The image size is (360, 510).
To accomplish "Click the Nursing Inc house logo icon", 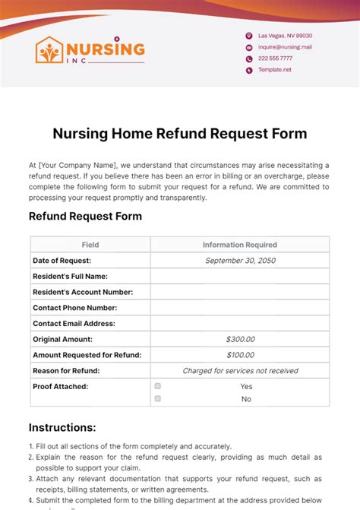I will tap(49, 50).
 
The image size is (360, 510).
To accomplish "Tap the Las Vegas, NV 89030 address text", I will tap(285, 36).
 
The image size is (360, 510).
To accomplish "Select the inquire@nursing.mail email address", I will tap(285, 47).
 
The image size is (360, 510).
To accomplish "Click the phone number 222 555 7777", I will tap(275, 59).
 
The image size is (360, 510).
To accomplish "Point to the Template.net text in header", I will tap(274, 70).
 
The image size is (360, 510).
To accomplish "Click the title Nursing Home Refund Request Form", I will tap(180, 134).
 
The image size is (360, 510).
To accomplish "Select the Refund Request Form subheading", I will tap(85, 216).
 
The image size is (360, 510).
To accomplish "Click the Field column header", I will tap(90, 245).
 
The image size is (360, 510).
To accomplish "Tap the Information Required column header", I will tap(240, 245).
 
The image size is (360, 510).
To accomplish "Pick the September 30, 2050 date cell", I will tap(240, 261).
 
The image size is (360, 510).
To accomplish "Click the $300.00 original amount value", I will tap(240, 339).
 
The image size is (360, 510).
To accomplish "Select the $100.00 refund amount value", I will tap(240, 355).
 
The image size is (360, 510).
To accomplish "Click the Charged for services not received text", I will tap(240, 371).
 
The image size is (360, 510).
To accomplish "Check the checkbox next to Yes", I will tap(158, 386).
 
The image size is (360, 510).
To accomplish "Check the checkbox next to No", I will tap(158, 398).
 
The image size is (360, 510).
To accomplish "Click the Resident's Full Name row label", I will tap(70, 276).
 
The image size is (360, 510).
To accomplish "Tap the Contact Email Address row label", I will tap(74, 324).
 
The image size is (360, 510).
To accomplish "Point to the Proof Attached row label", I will tap(60, 386).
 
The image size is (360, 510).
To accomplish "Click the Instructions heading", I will tap(62, 428).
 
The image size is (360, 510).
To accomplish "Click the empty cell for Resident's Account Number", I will tap(240, 292).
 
